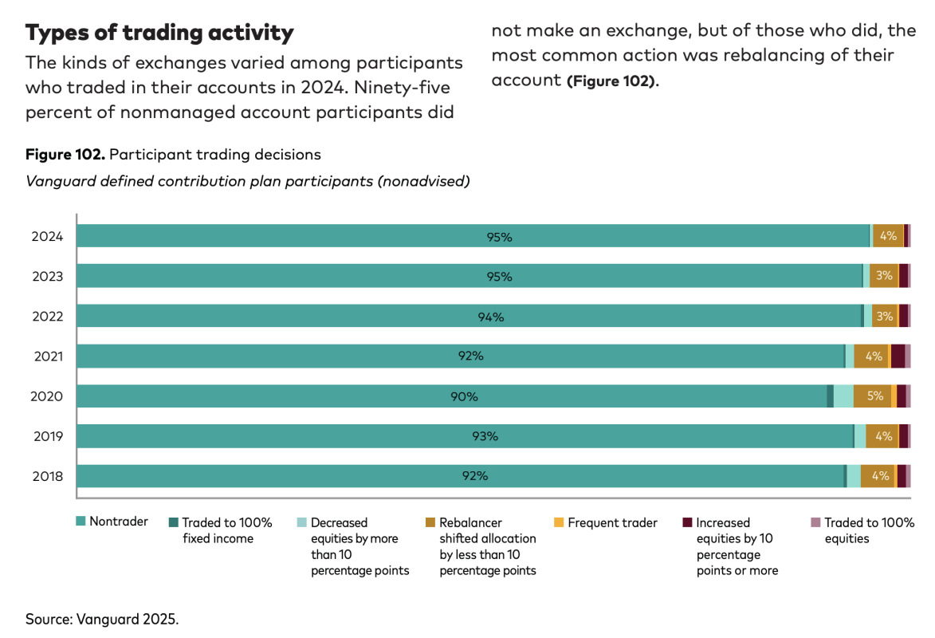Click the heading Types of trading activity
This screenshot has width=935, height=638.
point(159,33)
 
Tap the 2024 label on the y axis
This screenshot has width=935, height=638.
point(47,236)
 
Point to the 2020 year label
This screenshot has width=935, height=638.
point(47,396)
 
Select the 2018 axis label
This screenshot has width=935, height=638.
point(47,476)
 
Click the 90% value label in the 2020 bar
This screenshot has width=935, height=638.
point(464,396)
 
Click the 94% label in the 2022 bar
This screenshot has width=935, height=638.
point(491,317)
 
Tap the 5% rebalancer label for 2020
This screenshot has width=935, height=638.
point(874,396)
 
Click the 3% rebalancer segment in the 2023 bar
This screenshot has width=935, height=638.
point(883,276)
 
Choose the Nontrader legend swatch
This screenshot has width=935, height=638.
point(81,522)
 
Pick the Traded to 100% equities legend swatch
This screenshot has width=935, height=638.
point(815,523)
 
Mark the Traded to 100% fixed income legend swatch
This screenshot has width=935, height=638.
point(173,523)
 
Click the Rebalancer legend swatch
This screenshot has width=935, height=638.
point(430,523)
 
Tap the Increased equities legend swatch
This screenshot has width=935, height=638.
point(687,523)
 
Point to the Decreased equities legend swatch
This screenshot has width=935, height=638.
point(302,523)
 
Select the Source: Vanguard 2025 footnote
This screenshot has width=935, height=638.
point(101,619)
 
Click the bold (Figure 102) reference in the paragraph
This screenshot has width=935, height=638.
point(612,81)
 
